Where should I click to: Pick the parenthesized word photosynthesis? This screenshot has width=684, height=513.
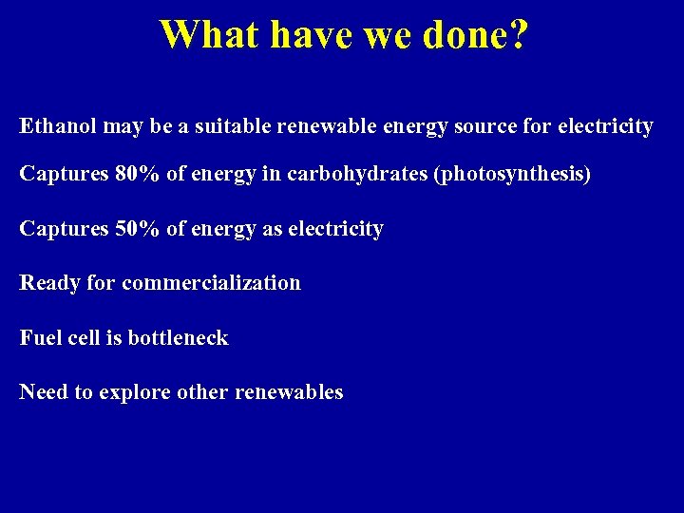tap(511, 175)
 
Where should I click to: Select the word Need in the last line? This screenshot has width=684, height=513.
tap(43, 391)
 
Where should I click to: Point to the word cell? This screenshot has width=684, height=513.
tap(104, 337)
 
